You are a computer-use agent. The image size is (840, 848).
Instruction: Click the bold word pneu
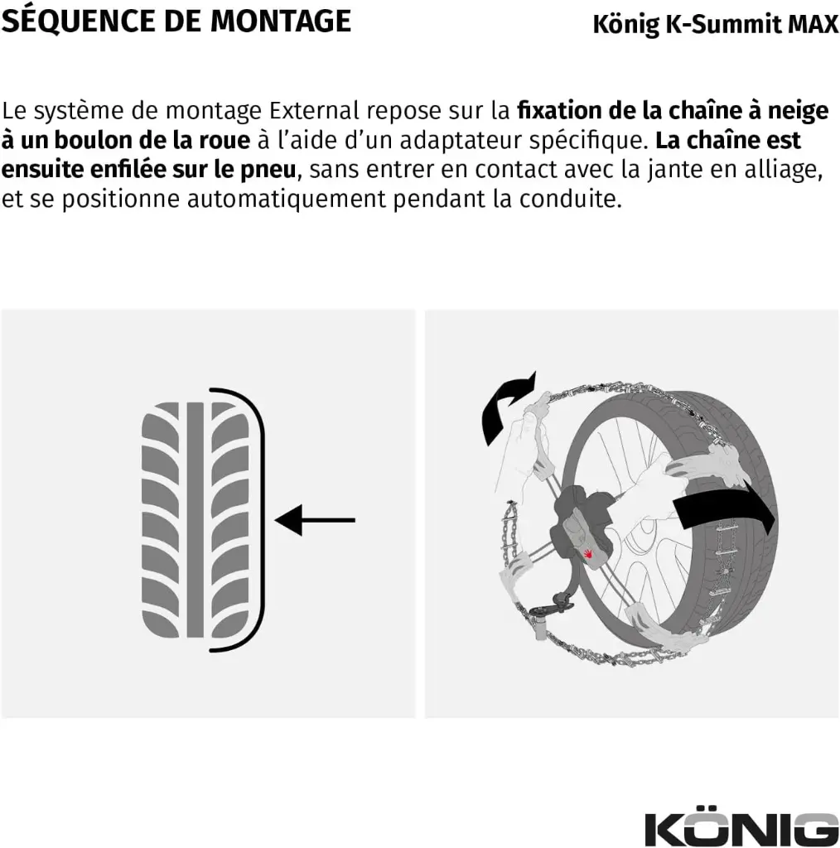pyautogui.click(x=268, y=170)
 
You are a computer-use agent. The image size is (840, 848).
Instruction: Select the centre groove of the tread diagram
pyautogui.click(x=196, y=520)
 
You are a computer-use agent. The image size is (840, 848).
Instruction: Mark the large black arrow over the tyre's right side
pyautogui.click(x=725, y=514)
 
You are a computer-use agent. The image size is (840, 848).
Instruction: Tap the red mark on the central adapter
pyautogui.click(x=589, y=552)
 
